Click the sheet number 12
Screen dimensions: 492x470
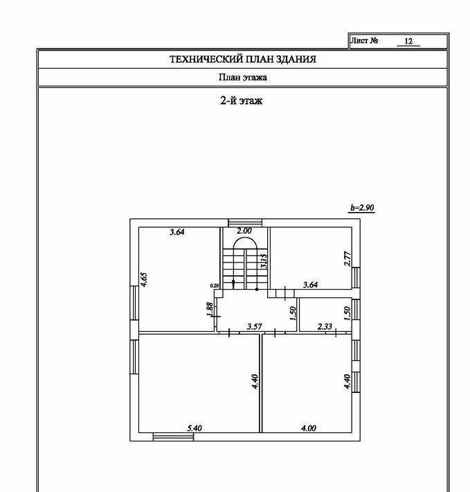(x=408, y=42)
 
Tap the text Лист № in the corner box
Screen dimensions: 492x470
(x=364, y=41)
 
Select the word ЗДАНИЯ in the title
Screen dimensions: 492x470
(x=294, y=60)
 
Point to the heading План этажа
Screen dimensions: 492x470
(x=242, y=78)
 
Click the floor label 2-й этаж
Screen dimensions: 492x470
(x=241, y=101)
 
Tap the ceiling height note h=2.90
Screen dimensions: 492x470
(x=362, y=208)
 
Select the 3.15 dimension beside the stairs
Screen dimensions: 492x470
(x=264, y=261)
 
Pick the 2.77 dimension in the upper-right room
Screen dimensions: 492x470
(x=347, y=260)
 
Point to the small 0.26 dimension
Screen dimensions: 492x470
(x=214, y=285)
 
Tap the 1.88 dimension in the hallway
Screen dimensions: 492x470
(x=210, y=310)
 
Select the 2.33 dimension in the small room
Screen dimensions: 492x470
(x=325, y=326)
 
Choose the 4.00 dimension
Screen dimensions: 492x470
(x=308, y=429)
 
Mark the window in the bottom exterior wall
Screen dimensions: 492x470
(x=163, y=437)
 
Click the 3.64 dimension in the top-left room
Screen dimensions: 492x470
(x=177, y=232)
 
